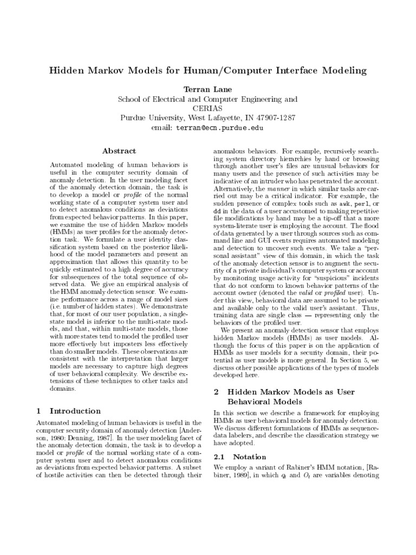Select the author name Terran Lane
point(208,88)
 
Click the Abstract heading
point(119,151)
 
